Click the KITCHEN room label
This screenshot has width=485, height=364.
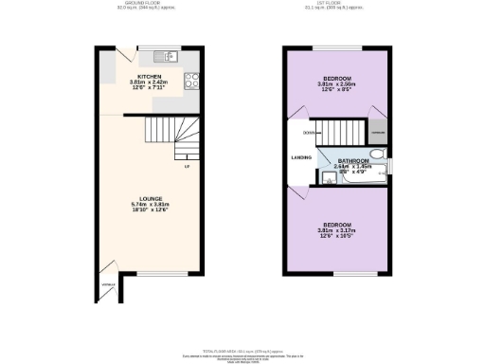(x=150, y=76)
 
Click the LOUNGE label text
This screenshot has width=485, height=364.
(x=150, y=198)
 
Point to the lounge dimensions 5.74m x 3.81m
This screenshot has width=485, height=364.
(x=150, y=204)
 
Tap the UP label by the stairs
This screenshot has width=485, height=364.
(x=187, y=167)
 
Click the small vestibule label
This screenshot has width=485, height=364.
(x=107, y=283)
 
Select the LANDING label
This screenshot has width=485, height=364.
(x=300, y=157)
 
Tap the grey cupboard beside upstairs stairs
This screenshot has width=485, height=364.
(x=377, y=132)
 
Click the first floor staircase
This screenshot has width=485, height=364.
(x=340, y=132)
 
